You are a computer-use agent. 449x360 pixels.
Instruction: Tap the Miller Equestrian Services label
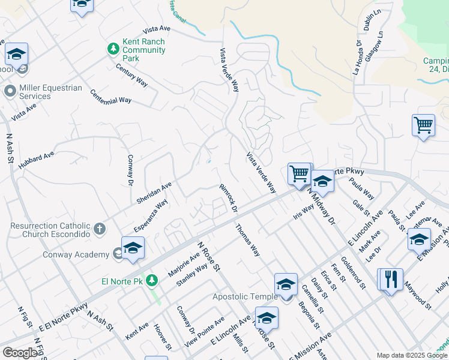click(50, 92)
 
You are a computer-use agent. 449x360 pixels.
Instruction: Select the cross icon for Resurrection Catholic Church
click(100, 229)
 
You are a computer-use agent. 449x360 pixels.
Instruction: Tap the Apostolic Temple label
click(246, 296)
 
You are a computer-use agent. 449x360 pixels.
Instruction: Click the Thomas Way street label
click(247, 240)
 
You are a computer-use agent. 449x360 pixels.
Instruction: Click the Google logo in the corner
click(20, 353)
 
